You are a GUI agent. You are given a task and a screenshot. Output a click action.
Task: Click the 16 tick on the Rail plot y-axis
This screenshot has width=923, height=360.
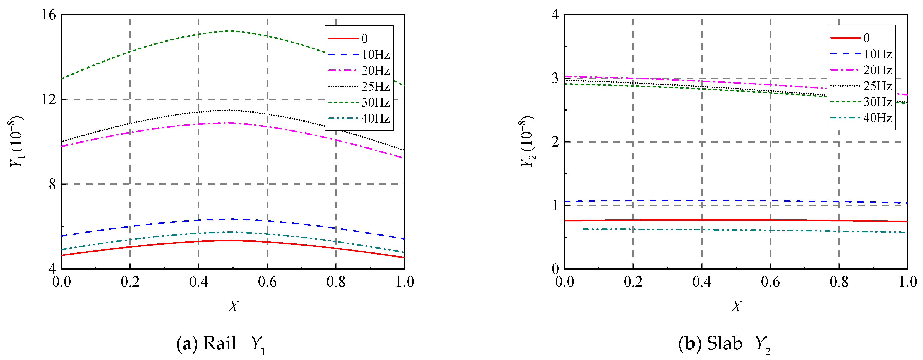(x=49, y=15)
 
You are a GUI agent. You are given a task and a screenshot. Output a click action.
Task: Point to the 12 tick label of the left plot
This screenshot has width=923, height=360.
(x=49, y=100)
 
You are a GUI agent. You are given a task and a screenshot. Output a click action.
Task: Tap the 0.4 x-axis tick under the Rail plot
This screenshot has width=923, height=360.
(x=198, y=282)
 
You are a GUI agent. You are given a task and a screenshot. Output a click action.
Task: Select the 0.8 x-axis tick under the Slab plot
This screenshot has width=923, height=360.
(x=839, y=282)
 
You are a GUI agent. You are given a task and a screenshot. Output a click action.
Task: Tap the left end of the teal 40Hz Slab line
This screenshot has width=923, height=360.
(x=584, y=229)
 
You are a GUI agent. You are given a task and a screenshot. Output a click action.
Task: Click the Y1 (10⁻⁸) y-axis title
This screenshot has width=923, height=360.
(x=16, y=141)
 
